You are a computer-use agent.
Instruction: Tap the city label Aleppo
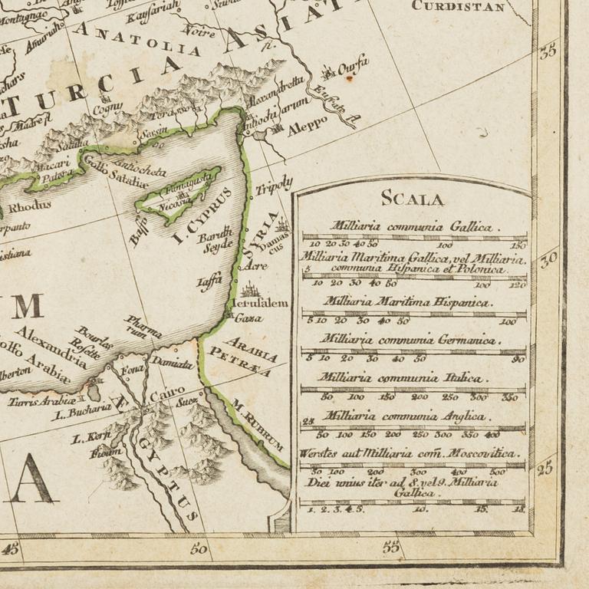point(307,120)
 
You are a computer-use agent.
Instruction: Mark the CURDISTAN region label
point(459,6)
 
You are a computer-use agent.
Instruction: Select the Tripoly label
point(275,185)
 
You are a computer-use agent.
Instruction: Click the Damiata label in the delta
point(171,363)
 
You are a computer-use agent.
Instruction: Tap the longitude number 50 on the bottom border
point(199,548)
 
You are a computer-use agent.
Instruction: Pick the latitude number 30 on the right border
point(548,259)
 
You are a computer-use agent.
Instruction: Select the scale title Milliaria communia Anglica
point(405,416)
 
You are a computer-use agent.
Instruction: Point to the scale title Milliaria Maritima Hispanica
point(406,302)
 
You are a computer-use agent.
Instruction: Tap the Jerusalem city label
point(262,303)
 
